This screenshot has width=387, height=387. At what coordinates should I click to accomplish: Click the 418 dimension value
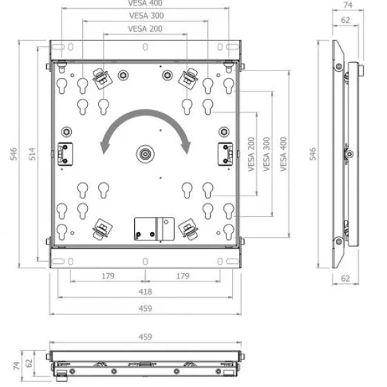[145, 292]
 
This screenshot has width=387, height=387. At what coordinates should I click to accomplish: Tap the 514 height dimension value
[32, 154]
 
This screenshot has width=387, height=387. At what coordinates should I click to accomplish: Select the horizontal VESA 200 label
[145, 29]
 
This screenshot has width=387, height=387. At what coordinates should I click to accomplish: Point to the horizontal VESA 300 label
[147, 15]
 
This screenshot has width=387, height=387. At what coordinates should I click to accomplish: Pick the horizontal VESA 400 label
[145, 3]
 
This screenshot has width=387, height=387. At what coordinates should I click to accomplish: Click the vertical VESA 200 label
[251, 154]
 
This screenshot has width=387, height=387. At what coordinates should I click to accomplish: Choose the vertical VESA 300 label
[267, 154]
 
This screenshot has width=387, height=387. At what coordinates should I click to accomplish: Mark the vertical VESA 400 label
[283, 154]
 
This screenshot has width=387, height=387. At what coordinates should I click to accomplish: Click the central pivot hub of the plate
[145, 154]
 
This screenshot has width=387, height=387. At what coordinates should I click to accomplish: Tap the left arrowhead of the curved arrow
[104, 148]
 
